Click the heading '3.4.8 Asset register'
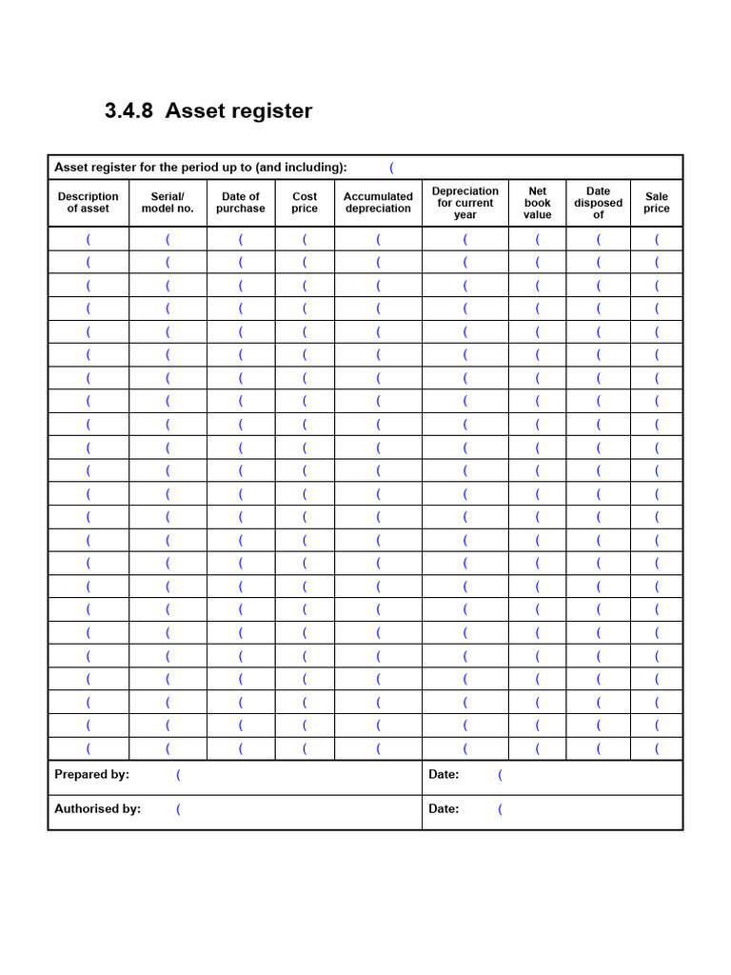(x=208, y=110)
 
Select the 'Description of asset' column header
(x=89, y=203)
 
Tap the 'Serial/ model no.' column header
(x=168, y=203)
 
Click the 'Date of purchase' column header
(x=241, y=203)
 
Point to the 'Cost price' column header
(x=305, y=203)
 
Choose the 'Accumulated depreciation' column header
(x=378, y=203)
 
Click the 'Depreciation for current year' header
(x=465, y=203)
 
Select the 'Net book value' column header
(x=538, y=203)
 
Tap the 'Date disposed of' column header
(x=599, y=203)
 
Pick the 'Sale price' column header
(x=657, y=203)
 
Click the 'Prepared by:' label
(x=91, y=775)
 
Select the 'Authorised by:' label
(x=97, y=809)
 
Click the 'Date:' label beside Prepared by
(x=444, y=775)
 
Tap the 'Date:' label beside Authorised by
(x=444, y=809)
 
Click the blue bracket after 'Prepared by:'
(x=178, y=775)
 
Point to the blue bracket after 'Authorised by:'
(x=178, y=809)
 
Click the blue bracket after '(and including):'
(x=391, y=168)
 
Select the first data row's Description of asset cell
(x=89, y=239)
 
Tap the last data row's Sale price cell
(x=657, y=748)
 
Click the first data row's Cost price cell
(x=305, y=239)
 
